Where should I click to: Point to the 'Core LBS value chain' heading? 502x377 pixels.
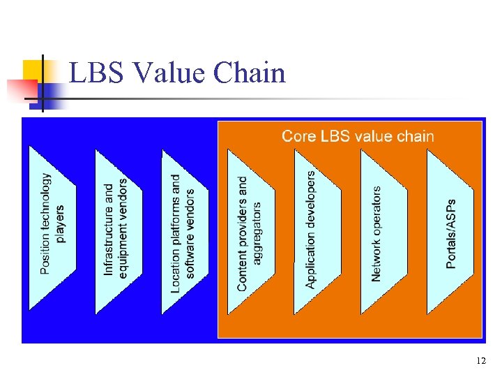pos(357,136)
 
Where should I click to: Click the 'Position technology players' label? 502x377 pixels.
pos(52,223)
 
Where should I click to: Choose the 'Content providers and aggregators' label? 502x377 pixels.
pos(249,233)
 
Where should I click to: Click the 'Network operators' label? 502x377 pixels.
pos(376,233)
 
